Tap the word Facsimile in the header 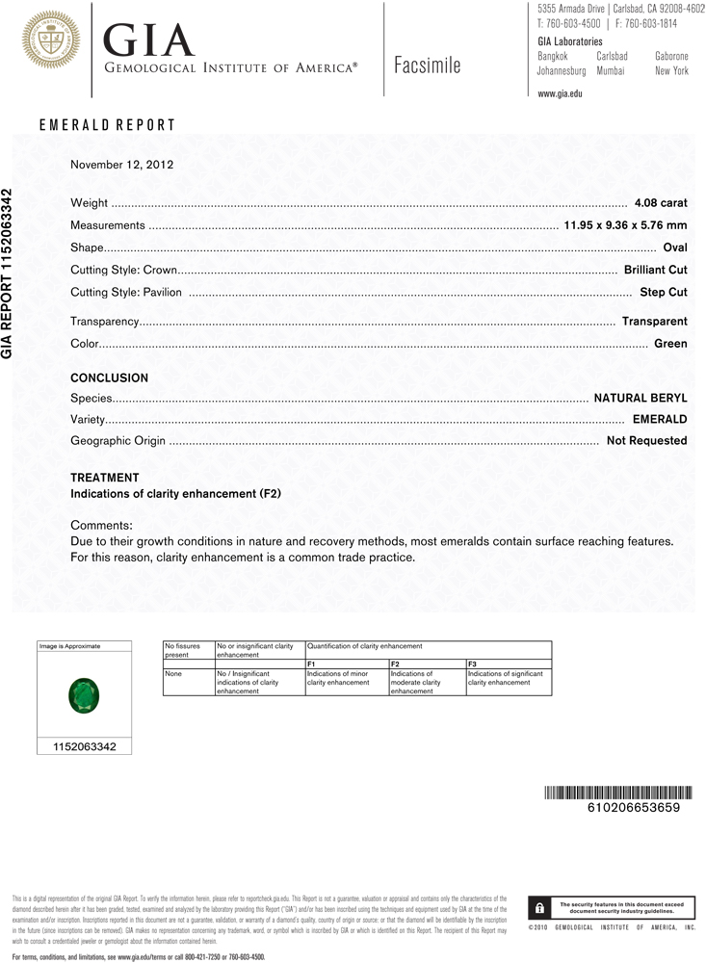coord(428,65)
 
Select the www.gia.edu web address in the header coord(560,93)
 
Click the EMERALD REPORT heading coord(107,125)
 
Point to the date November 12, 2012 coord(121,165)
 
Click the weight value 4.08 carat coord(661,203)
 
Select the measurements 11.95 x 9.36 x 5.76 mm coord(624,225)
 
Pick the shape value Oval coord(675,247)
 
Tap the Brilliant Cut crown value coord(655,270)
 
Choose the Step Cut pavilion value coord(663,292)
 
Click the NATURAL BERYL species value coord(640,397)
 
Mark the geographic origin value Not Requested coord(646,440)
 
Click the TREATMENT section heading coord(105,478)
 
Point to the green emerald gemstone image coord(84,695)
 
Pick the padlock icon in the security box coord(538,907)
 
